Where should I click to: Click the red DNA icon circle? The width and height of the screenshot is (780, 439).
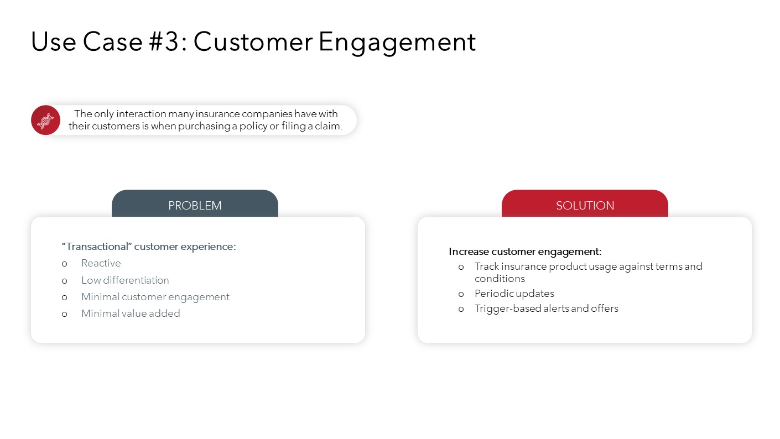(x=45, y=120)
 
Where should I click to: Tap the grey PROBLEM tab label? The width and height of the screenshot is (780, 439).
(x=195, y=205)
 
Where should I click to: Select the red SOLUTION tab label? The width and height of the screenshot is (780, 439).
(x=585, y=205)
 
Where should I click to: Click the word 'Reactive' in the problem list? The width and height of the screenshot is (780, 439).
(x=101, y=263)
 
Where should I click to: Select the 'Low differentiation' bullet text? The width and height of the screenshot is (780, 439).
(x=125, y=280)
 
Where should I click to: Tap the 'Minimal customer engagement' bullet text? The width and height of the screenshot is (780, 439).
(x=155, y=297)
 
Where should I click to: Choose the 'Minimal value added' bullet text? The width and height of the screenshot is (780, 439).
(x=131, y=313)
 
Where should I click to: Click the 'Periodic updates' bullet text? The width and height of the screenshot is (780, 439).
(x=514, y=294)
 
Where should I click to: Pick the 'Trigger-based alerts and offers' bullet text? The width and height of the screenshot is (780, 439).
(x=547, y=309)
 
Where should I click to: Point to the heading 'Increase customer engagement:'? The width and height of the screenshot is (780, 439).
(x=525, y=252)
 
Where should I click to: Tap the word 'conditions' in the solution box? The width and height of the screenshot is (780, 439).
(x=500, y=279)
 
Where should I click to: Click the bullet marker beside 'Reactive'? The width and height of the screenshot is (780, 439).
(x=64, y=264)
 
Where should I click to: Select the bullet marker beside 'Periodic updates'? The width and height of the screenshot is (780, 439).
(x=461, y=295)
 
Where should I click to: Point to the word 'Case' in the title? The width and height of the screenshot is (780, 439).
(x=113, y=42)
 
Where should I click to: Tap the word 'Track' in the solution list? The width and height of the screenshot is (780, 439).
(x=487, y=266)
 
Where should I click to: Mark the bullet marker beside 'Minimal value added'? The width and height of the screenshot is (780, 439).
(x=64, y=314)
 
